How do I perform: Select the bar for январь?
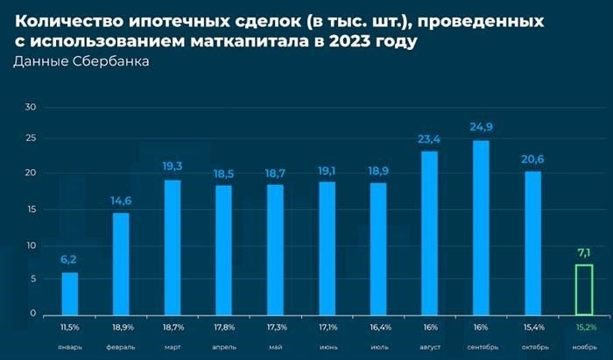69,293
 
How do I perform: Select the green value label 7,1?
584,253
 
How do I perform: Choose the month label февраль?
121,345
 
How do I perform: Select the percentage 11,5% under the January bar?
69,327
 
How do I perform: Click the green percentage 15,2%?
584,327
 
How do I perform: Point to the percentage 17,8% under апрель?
224,327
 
